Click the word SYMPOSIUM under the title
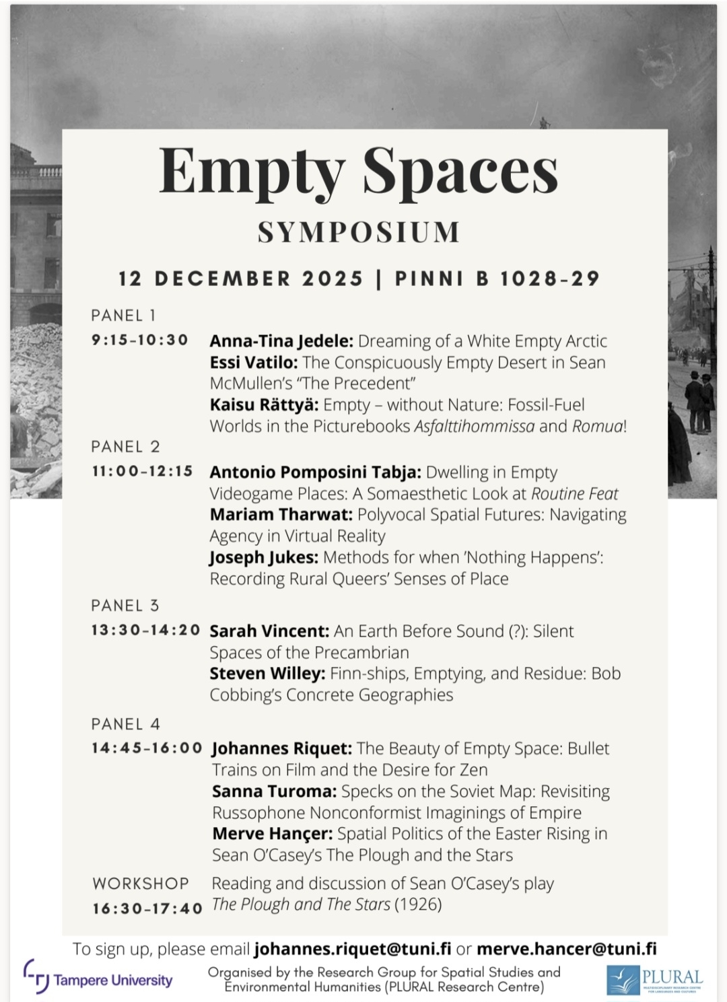359,232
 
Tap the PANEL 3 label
125,606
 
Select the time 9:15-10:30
140,340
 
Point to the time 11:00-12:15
143,471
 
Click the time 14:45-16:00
147,748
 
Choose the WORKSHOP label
141,883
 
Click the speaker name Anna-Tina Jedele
281,341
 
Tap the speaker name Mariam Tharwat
281,515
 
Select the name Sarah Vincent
269,631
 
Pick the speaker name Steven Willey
267,674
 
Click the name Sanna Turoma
274,791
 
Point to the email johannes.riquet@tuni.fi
353,949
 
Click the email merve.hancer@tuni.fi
566,949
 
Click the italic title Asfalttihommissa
474,427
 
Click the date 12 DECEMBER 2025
241,279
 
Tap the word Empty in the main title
252,172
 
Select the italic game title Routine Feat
574,494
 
